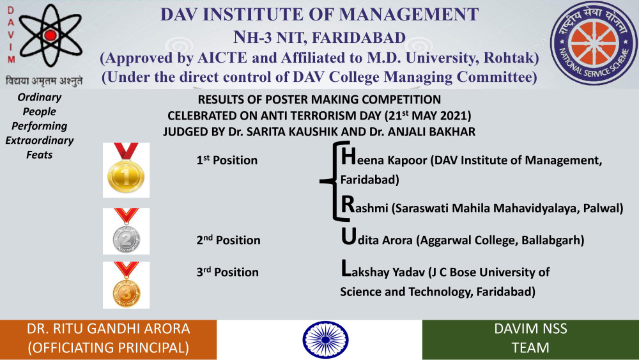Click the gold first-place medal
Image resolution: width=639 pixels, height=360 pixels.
tap(126, 171)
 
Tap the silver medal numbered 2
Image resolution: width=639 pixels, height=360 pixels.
tap(126, 231)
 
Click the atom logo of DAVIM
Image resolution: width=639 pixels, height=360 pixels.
tap(50, 35)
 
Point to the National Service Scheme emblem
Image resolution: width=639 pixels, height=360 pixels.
tap(594, 43)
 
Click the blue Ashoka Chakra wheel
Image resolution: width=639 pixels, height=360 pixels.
tap(325, 340)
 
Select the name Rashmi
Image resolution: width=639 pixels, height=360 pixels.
tap(364, 206)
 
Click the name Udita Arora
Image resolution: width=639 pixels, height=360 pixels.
tap(376, 238)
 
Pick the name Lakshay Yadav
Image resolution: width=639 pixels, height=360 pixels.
tap(383, 270)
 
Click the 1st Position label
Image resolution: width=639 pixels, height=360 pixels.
tap(227, 160)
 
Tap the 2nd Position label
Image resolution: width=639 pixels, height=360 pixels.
tap(228, 240)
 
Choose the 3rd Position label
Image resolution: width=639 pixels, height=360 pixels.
tap(227, 272)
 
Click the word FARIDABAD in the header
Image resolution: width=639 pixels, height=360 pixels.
tap(358, 38)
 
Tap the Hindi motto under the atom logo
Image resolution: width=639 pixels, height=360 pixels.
tap(44, 81)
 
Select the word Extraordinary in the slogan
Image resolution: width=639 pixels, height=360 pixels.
tap(40, 140)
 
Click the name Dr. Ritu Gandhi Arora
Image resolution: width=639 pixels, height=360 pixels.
tap(109, 329)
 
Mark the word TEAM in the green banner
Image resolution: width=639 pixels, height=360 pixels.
tap(530, 348)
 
